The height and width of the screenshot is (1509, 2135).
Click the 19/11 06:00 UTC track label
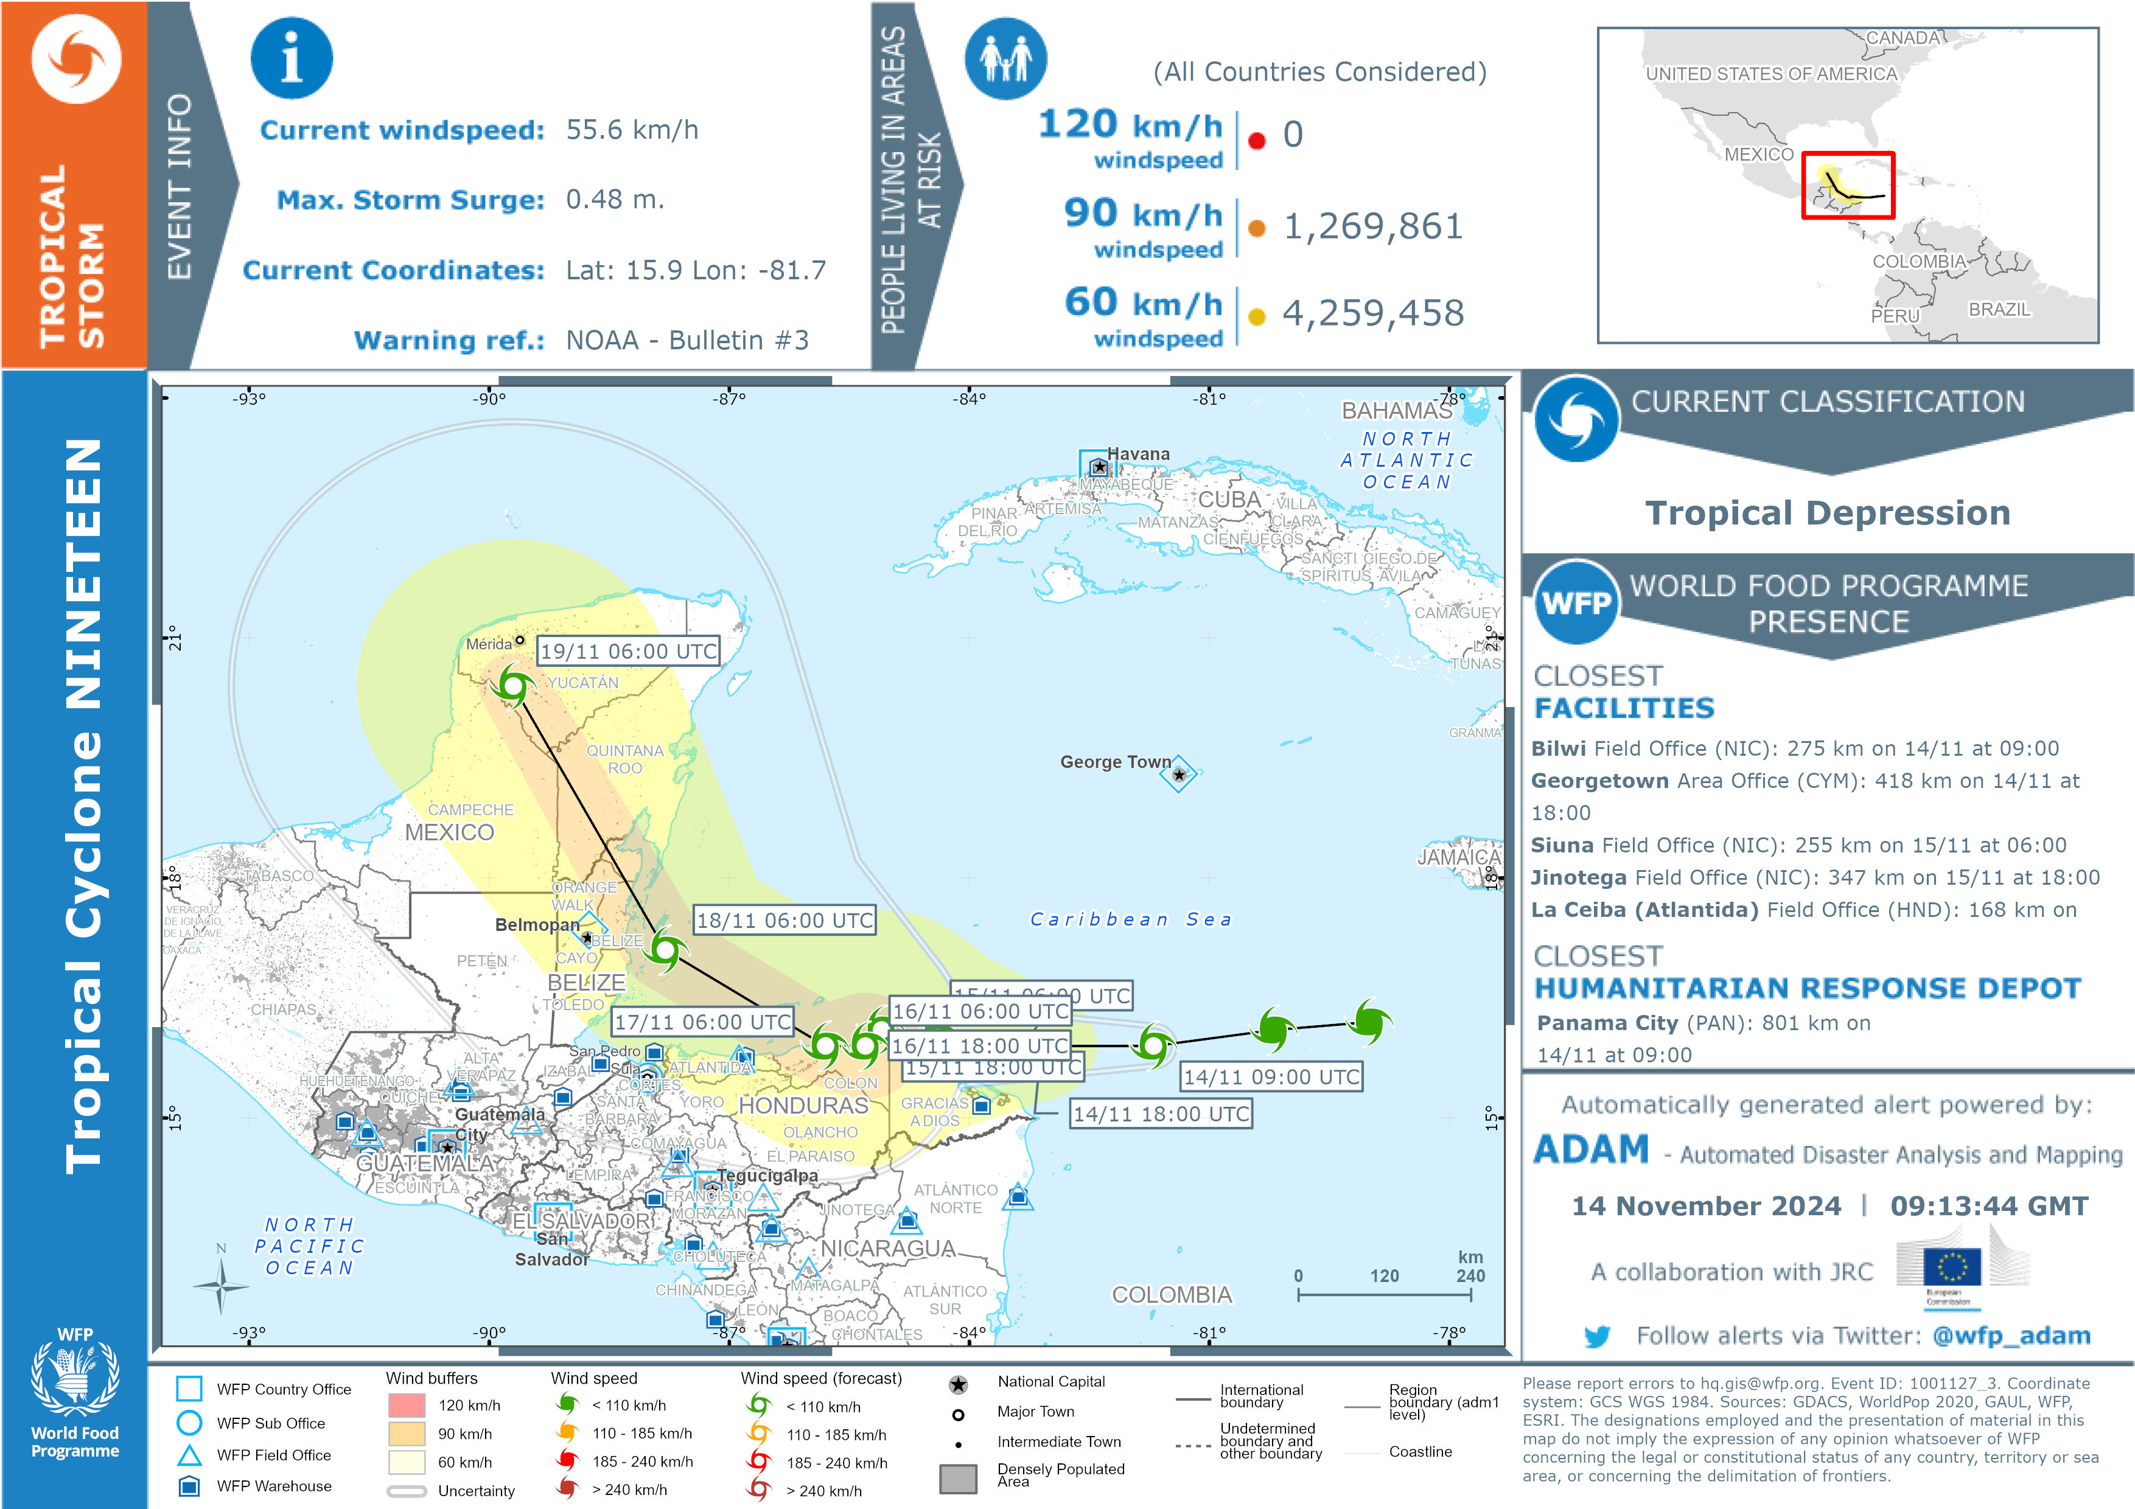pyautogui.click(x=629, y=651)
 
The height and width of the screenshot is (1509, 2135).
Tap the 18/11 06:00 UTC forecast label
pyautogui.click(x=784, y=921)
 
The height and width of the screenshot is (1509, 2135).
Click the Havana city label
pyautogui.click(x=1138, y=454)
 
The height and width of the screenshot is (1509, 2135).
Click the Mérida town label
pyautogui.click(x=488, y=643)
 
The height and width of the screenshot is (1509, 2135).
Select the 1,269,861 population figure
pyautogui.click(x=1372, y=226)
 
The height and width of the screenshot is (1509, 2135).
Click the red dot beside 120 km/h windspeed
pyautogui.click(x=1256, y=141)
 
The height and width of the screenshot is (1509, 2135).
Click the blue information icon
pyautogui.click(x=291, y=58)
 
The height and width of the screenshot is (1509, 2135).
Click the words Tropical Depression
pyautogui.click(x=1827, y=512)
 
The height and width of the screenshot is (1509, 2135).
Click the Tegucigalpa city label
pyautogui.click(x=766, y=1175)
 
